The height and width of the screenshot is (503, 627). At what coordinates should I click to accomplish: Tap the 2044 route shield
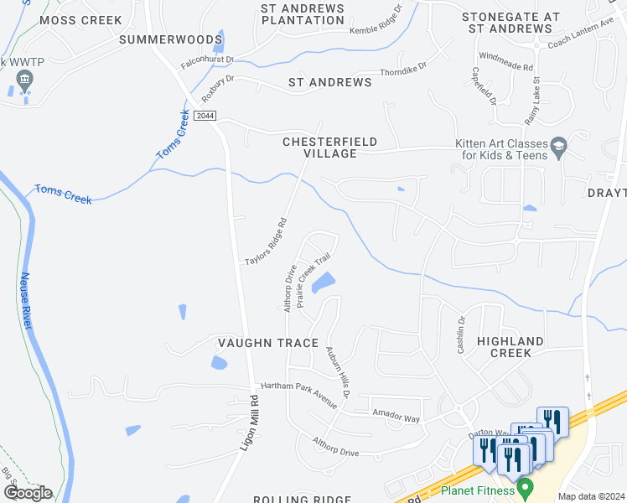(205, 115)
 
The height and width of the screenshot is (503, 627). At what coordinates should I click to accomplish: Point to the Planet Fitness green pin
(526, 486)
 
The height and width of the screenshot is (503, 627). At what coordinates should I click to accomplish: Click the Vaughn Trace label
(268, 343)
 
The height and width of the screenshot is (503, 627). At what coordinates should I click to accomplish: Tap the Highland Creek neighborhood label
(510, 347)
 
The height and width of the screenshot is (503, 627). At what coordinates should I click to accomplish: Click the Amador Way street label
(396, 417)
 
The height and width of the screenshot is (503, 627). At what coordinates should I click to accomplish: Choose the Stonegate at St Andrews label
(511, 23)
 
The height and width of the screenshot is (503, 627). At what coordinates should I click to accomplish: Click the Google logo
(28, 493)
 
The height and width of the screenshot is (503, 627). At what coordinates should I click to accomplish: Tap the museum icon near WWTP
(23, 81)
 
